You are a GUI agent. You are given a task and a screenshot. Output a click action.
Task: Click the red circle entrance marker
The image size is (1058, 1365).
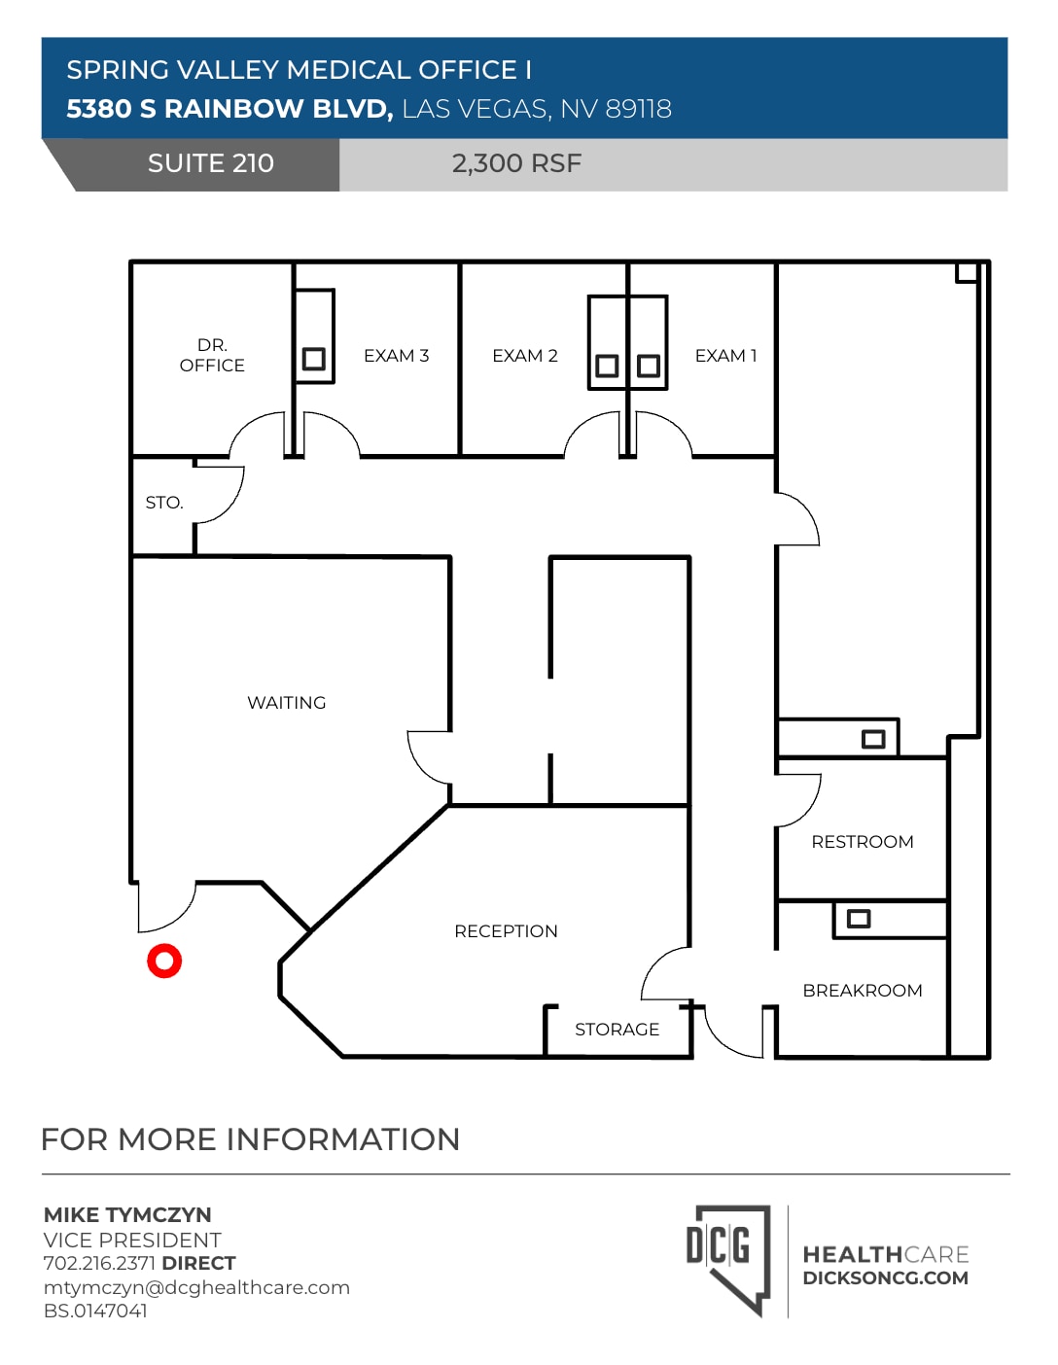pyautogui.click(x=164, y=961)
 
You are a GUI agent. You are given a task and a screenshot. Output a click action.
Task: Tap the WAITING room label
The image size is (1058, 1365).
pyautogui.click(x=286, y=703)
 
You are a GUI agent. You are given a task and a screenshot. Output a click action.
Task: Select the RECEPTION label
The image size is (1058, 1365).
pyautogui.click(x=506, y=931)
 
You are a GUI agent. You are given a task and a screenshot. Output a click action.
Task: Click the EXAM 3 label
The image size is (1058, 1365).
pyautogui.click(x=396, y=356)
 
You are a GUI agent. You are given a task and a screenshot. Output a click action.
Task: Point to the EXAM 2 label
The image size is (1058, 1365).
pyautogui.click(x=525, y=356)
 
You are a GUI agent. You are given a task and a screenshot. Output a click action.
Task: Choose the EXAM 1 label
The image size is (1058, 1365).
pyautogui.click(x=725, y=356)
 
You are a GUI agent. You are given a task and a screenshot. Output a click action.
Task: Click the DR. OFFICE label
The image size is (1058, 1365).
pyautogui.click(x=212, y=356)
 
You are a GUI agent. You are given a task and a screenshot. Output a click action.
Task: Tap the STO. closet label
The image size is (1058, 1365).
pyautogui.click(x=164, y=503)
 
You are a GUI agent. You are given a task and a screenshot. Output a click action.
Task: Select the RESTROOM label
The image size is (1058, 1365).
pyautogui.click(x=863, y=842)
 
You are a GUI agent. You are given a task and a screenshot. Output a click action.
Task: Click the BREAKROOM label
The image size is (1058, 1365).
pyautogui.click(x=863, y=991)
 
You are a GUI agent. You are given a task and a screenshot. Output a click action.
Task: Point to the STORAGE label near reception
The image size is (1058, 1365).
pyautogui.click(x=617, y=1030)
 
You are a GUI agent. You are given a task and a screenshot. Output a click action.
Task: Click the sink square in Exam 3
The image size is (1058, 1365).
pyautogui.click(x=313, y=360)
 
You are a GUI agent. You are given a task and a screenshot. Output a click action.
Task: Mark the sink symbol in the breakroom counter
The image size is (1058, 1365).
pyautogui.click(x=859, y=919)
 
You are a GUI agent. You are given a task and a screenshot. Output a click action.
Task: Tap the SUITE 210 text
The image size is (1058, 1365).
pyautogui.click(x=211, y=163)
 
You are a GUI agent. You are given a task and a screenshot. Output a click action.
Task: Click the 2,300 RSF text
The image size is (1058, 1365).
pyautogui.click(x=516, y=163)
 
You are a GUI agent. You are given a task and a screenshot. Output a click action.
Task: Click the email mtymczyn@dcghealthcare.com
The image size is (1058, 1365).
pyautogui.click(x=196, y=1287)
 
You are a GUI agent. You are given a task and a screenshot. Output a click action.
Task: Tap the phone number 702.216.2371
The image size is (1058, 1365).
pyautogui.click(x=99, y=1263)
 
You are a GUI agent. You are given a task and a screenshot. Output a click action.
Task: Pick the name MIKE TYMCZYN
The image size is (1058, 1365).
pyautogui.click(x=127, y=1215)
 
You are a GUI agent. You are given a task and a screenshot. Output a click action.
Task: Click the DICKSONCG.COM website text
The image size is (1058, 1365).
pyautogui.click(x=885, y=1278)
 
